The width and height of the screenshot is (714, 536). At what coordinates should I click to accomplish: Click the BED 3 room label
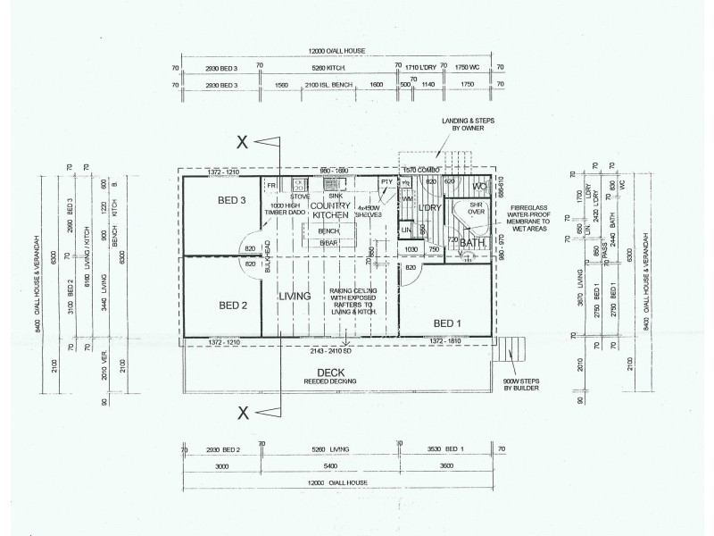click(232, 200)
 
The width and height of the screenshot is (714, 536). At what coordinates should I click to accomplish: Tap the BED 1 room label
click(448, 322)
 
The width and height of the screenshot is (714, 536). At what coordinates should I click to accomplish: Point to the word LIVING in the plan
click(294, 296)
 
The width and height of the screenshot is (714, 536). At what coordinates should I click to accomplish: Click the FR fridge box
click(271, 184)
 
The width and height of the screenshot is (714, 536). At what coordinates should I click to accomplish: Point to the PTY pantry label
click(386, 182)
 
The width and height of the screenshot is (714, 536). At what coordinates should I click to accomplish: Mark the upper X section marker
click(241, 141)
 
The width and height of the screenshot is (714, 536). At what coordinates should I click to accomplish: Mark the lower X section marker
click(241, 412)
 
